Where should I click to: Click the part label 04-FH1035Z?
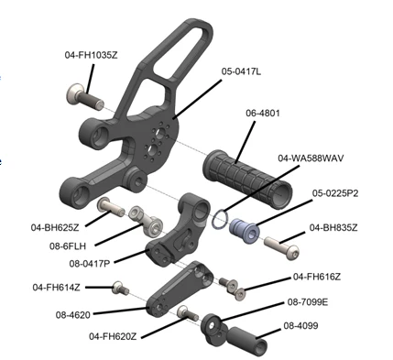point(91,55)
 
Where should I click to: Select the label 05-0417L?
point(241,71)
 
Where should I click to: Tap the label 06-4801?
point(263,114)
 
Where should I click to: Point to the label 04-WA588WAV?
point(311,158)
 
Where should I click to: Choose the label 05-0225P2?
point(335,193)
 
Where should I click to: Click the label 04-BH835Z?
point(333,227)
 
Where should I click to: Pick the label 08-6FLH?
point(68,245)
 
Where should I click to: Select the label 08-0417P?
point(90,263)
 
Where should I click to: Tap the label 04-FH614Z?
point(57,288)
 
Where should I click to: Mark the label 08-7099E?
point(308,302)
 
